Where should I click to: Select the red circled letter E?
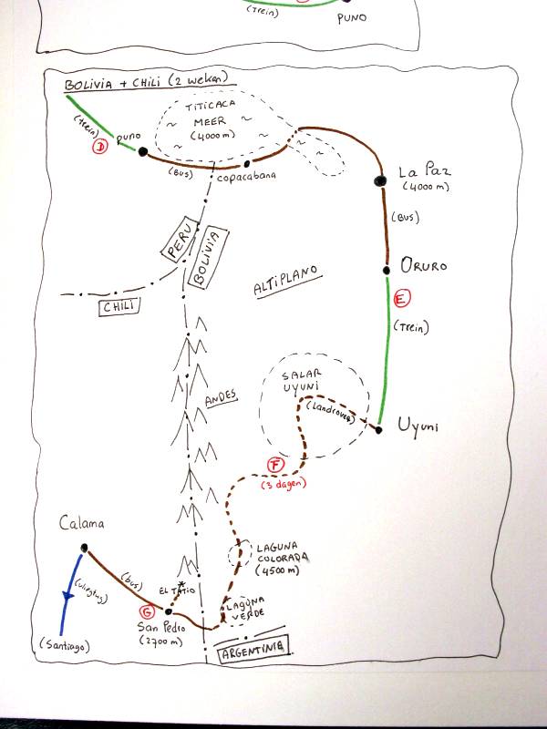(x=398, y=298)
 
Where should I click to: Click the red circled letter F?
(x=276, y=467)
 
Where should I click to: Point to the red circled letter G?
(x=144, y=611)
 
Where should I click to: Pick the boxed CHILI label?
(x=119, y=306)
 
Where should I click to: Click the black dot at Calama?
(x=85, y=548)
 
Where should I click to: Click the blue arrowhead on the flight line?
(x=66, y=596)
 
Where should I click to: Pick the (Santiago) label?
(x=66, y=646)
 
